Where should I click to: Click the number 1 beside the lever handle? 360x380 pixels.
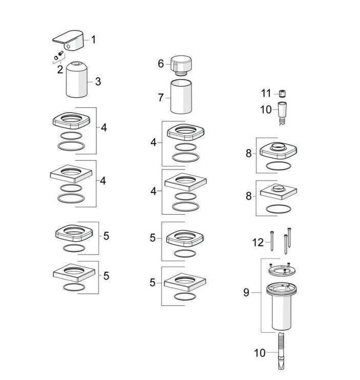coord(93,40)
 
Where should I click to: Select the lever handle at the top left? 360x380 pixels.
coord(68,41)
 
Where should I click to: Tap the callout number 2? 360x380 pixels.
coord(60,70)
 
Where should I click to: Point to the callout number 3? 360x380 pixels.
coord(98,81)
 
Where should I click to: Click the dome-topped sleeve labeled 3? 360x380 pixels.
coord(76,79)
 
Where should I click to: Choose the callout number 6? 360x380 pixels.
coord(161,64)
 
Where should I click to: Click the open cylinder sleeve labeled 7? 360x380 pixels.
coord(181,96)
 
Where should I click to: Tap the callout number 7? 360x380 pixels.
coord(161,98)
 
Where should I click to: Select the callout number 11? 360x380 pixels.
coord(266,93)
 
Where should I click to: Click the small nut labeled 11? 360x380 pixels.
coord(282,93)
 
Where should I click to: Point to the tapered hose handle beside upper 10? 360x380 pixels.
coord(282,113)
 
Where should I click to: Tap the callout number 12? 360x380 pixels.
coord(258,242)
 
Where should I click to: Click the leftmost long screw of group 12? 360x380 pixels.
coord(272,241)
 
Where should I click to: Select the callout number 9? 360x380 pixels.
coord(246,292)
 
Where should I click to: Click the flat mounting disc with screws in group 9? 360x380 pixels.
coord(282,269)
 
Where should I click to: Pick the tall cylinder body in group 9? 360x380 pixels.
coord(282,306)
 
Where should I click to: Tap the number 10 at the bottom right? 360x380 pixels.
coord(260,353)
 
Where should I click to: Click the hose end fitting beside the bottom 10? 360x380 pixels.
coord(281,351)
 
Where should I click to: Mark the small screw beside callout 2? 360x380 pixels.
coord(60,53)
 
